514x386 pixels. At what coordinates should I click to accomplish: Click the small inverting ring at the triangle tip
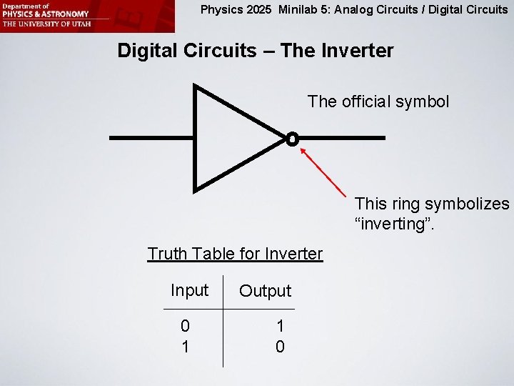coord(292,138)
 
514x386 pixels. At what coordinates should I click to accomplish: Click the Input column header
coord(189,290)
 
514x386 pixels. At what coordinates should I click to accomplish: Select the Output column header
coord(265,291)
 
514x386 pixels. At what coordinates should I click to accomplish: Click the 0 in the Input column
coord(185,327)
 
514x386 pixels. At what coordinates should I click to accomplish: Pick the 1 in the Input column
coord(186,347)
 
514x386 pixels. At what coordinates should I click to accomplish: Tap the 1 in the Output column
coord(280,327)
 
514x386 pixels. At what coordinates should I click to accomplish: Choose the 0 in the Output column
coord(280,347)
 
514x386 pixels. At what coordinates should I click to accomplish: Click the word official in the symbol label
coord(372,102)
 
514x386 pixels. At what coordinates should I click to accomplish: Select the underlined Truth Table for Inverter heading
coord(235,254)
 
